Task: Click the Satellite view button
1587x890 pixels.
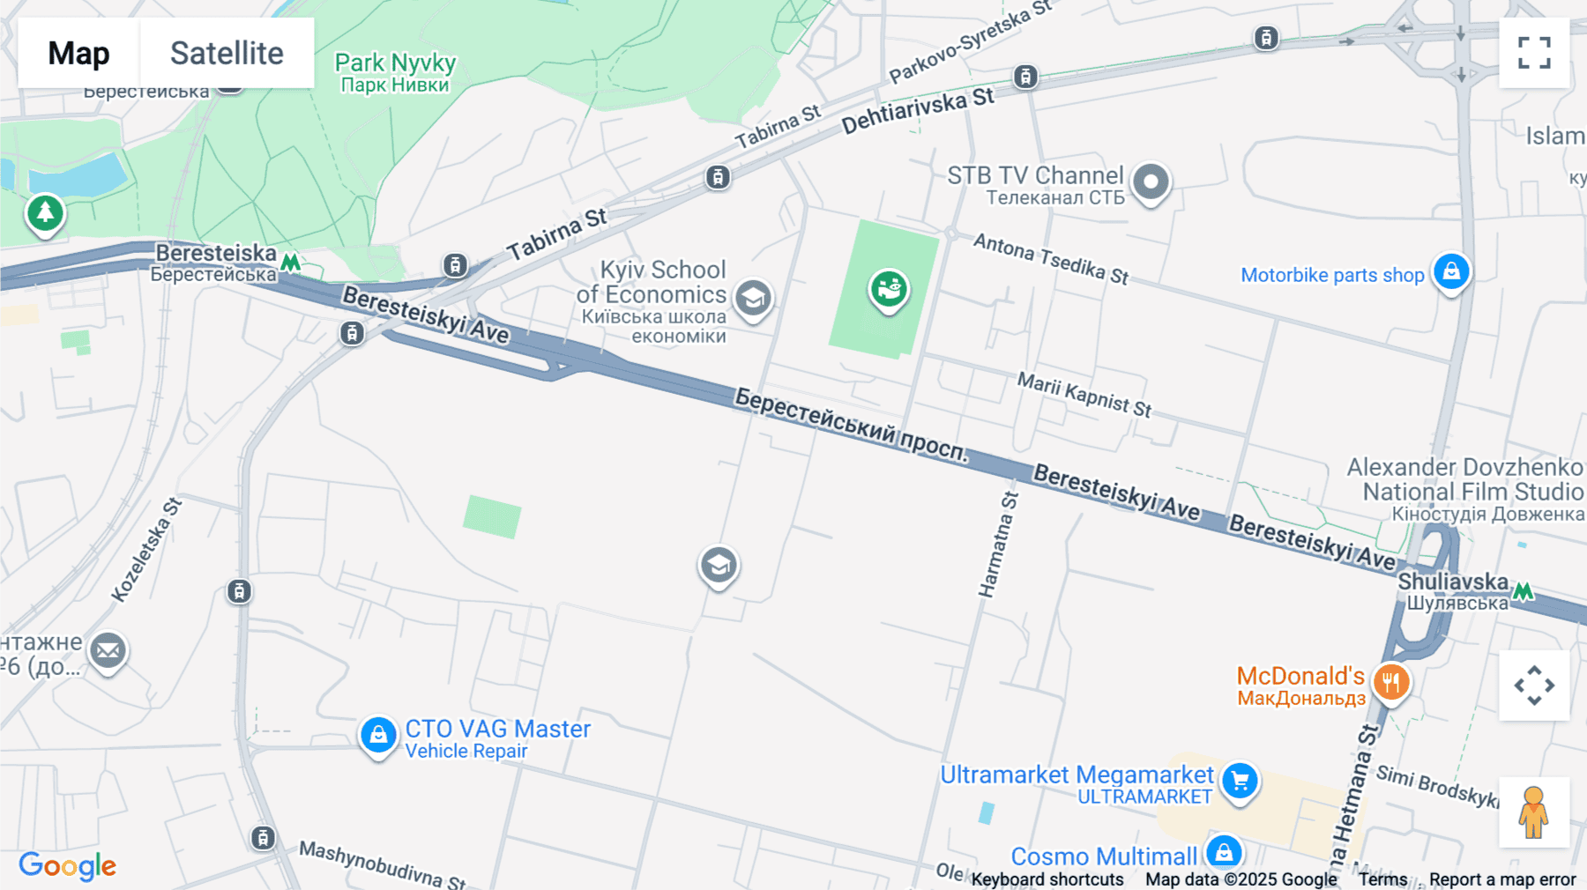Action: pyautogui.click(x=227, y=53)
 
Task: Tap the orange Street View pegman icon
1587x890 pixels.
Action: pyautogui.click(x=1533, y=812)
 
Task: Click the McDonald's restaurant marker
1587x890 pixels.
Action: pyautogui.click(x=1390, y=682)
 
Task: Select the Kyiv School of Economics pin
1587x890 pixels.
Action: pyautogui.click(x=753, y=299)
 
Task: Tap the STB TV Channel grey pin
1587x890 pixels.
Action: pyautogui.click(x=1150, y=182)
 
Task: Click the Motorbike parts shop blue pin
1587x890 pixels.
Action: pyautogui.click(x=1451, y=271)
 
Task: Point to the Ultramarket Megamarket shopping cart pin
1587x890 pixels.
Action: pyautogui.click(x=1240, y=781)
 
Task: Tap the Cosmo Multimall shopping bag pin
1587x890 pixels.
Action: pyautogui.click(x=1224, y=852)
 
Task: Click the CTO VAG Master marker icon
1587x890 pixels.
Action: pyautogui.click(x=378, y=734)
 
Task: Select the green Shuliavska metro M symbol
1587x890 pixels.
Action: pyautogui.click(x=1523, y=591)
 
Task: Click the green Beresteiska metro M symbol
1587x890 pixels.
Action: pyautogui.click(x=290, y=263)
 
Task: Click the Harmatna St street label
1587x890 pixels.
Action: pyautogui.click(x=998, y=544)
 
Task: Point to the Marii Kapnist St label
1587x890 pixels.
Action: pyautogui.click(x=1084, y=394)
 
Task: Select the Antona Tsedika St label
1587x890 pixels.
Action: pyautogui.click(x=1050, y=258)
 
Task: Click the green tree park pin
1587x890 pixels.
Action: pyautogui.click(x=45, y=212)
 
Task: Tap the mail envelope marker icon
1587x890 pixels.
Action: pyautogui.click(x=108, y=651)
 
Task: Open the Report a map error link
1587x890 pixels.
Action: pyautogui.click(x=1501, y=879)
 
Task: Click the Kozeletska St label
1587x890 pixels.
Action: pyautogui.click(x=146, y=551)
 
